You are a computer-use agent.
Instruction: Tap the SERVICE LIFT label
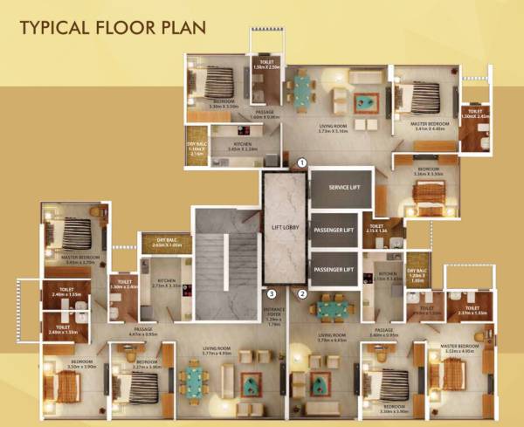pos(341,188)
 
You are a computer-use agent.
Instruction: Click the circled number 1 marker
pos(302,162)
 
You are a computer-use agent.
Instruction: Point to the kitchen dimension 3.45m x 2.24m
pos(235,149)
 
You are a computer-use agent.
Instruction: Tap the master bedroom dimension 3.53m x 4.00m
pos(462,352)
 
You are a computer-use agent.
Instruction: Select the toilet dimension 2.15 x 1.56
pos(376,231)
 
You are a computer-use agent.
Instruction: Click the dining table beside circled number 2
pos(332,307)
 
